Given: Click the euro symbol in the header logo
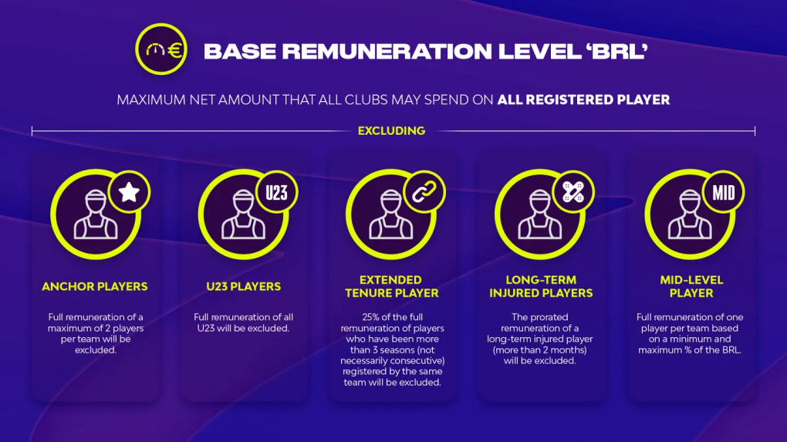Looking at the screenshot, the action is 175,50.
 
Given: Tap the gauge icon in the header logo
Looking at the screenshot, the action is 155,49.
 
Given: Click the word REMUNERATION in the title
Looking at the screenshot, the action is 387,51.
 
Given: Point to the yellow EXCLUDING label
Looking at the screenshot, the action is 391,131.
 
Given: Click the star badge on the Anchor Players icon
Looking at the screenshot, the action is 129,192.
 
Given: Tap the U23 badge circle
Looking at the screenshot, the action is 276,192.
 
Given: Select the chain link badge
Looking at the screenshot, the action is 424,192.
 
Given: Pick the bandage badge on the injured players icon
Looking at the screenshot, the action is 573,192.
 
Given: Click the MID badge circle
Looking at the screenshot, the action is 723,192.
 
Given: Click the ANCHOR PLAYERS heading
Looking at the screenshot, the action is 95,286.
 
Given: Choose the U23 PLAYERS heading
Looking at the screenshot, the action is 243,286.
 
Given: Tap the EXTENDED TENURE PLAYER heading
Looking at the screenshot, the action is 391,286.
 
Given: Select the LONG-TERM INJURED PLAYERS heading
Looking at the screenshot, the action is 541,286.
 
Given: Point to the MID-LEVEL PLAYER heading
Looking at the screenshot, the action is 691,286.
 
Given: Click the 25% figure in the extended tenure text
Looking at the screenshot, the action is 371,317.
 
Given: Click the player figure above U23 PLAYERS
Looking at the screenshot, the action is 243,214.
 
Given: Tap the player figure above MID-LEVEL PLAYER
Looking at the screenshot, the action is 690,214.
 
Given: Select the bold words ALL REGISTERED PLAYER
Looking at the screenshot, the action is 584,100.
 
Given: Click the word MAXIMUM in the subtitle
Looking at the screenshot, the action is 151,100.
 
